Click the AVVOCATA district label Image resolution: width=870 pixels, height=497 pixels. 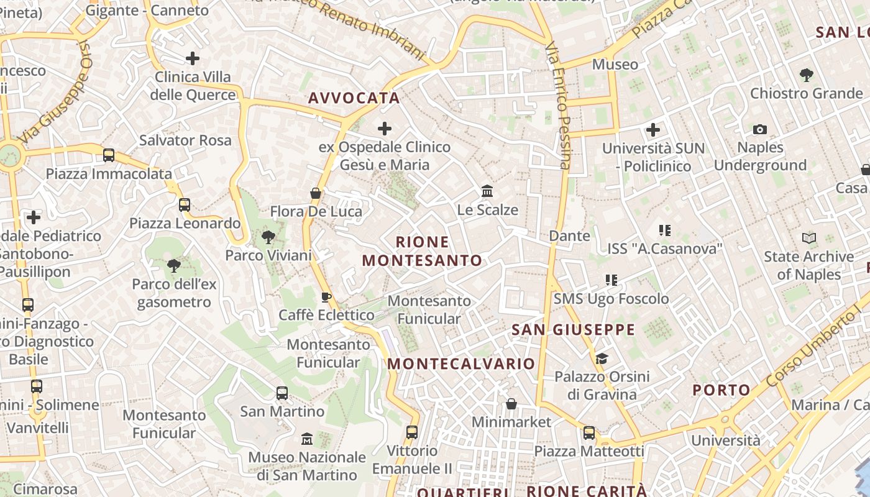(x=354, y=98)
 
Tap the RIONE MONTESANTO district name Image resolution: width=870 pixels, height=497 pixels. (x=422, y=251)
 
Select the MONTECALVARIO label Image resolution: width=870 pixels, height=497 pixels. (x=461, y=364)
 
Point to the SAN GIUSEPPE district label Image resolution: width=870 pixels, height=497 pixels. (x=573, y=330)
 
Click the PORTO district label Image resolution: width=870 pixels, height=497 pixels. (x=721, y=390)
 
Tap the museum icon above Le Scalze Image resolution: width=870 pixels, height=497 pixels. (x=487, y=191)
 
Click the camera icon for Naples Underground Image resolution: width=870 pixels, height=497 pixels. (x=759, y=130)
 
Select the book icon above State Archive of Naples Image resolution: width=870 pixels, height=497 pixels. (x=808, y=238)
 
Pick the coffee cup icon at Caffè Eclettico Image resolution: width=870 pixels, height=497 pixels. (x=326, y=297)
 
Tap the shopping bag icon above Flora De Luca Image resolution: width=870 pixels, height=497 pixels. (x=316, y=193)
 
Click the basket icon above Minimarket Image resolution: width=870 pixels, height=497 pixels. (x=511, y=404)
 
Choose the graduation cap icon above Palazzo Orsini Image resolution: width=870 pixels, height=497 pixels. (x=601, y=358)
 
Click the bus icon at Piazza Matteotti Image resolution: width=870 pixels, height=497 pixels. (x=588, y=432)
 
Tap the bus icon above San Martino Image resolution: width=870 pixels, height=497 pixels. (x=282, y=393)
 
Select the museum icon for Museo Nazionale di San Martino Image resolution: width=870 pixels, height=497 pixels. (x=307, y=439)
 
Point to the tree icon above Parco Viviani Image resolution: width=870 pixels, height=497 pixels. (x=268, y=237)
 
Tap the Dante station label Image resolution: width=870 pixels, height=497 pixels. (x=569, y=236)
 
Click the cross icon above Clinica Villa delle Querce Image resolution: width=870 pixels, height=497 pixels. (x=193, y=59)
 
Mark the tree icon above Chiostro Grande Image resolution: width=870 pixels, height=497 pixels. (x=806, y=75)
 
